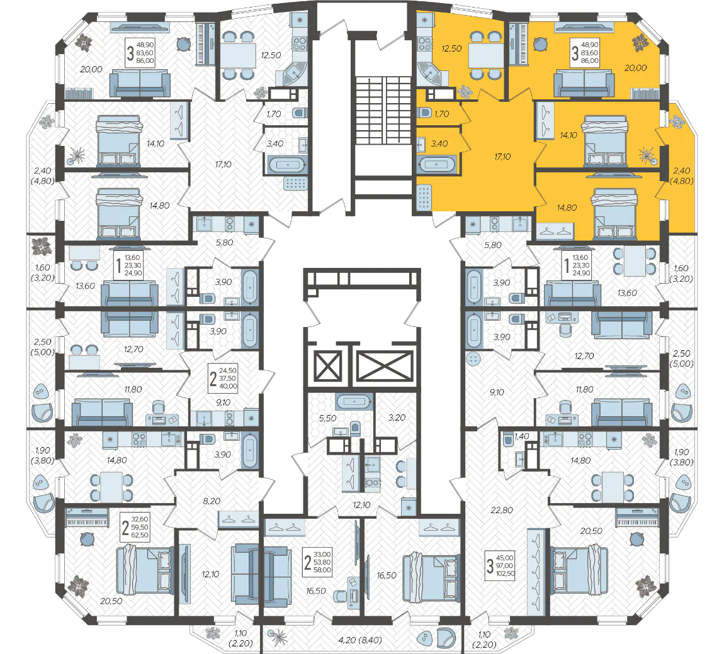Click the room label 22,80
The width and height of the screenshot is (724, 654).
[x=502, y=510]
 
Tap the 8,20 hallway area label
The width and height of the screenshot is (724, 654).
[x=212, y=501]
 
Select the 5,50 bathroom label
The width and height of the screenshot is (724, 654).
[x=327, y=418]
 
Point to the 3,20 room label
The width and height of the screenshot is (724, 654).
[x=397, y=418]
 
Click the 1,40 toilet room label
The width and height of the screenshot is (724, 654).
[x=521, y=436]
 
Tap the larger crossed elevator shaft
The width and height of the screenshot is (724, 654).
[x=385, y=367]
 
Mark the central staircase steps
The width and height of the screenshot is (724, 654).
[x=383, y=110]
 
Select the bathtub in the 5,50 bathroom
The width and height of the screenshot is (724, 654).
[x=354, y=402]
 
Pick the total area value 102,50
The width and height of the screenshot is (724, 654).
[x=505, y=574]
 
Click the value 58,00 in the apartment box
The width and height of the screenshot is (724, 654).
[x=322, y=570]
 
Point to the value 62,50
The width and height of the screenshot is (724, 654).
[x=140, y=535]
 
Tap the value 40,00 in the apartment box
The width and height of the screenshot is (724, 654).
[x=228, y=386]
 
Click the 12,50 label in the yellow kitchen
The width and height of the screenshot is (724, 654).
[x=451, y=48]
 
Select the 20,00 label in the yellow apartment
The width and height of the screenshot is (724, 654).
[x=636, y=68]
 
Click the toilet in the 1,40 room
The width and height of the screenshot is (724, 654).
[x=508, y=440]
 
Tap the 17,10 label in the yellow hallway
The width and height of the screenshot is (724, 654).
[x=502, y=157]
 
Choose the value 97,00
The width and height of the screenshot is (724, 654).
[x=505, y=566]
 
